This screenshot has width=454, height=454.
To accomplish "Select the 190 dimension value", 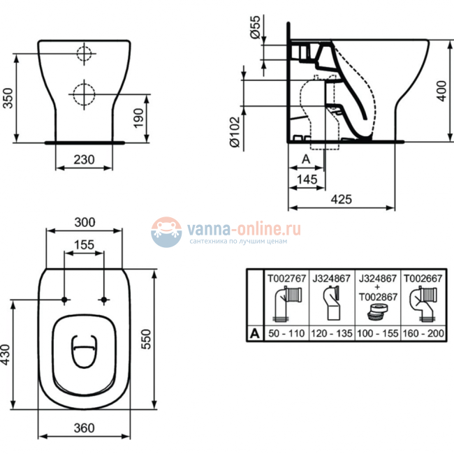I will point(140,116).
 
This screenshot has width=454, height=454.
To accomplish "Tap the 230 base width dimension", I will point(84,159).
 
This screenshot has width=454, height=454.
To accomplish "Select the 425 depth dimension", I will point(341,199).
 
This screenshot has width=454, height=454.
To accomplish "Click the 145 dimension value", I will point(307,180).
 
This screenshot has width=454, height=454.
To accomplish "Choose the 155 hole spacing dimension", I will point(85,244).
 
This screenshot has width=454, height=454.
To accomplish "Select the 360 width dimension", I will point(85,427).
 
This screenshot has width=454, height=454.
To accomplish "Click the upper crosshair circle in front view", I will point(83,54).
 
